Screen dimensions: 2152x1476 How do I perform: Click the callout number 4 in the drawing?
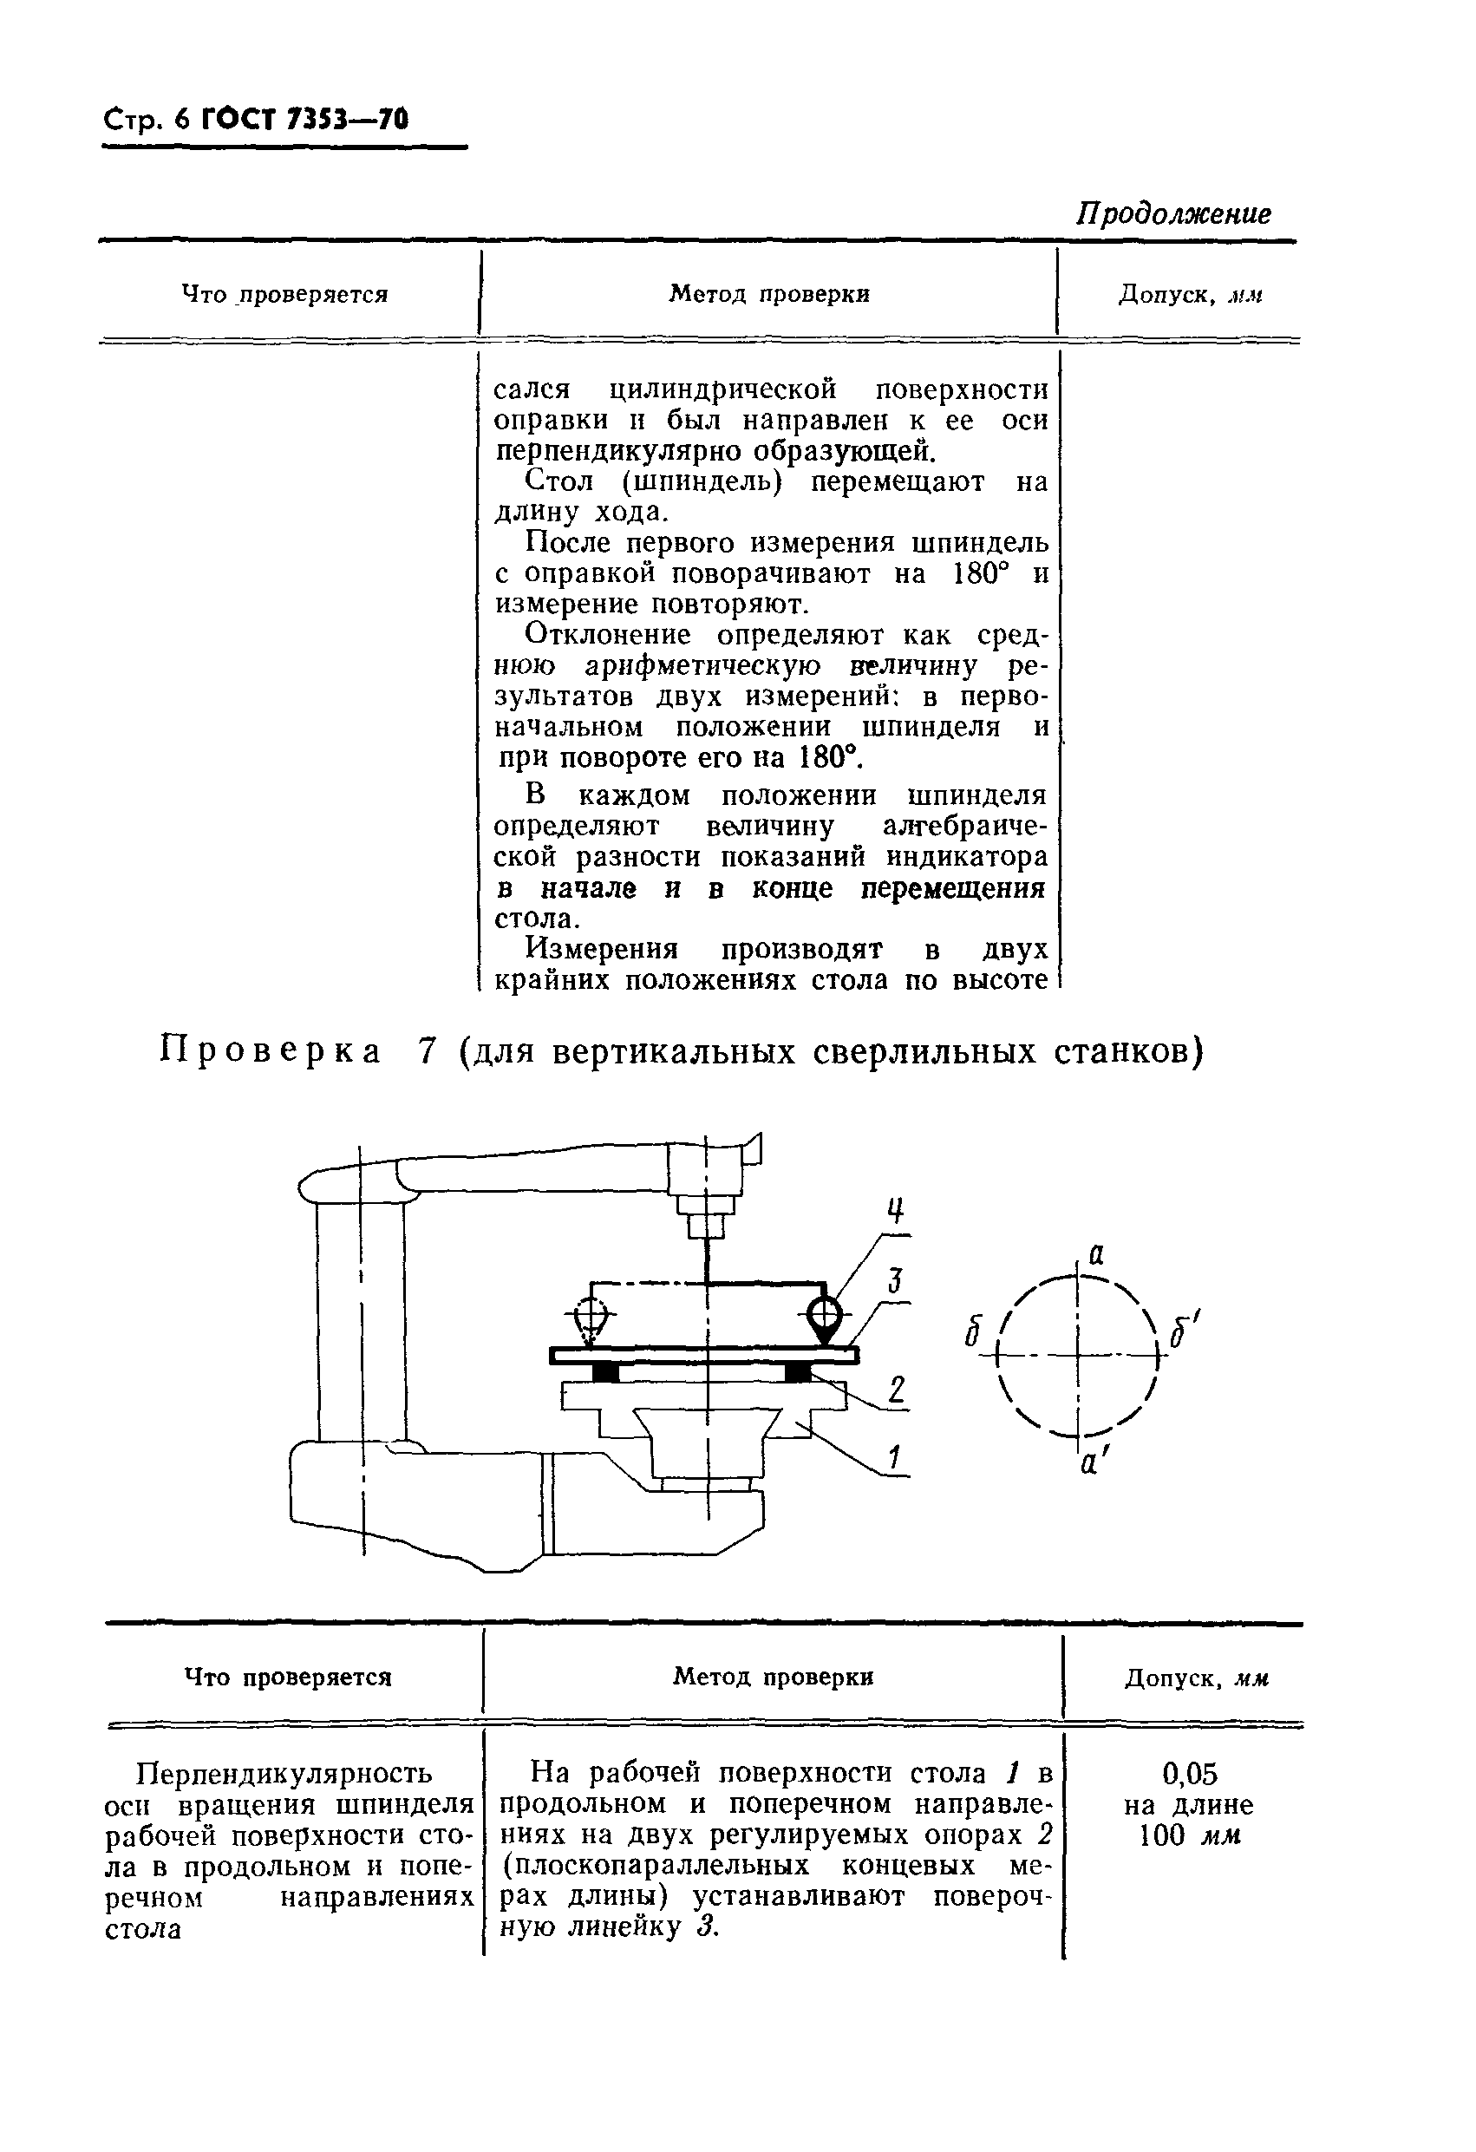tap(894, 1210)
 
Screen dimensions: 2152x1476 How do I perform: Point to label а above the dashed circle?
tap(1095, 1255)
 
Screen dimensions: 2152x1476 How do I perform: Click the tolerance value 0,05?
tap(1189, 1774)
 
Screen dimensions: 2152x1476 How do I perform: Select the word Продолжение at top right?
tap(1172, 214)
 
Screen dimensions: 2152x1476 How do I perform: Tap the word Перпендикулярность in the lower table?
tap(284, 1772)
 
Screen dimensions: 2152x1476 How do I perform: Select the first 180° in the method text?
tap(980, 573)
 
